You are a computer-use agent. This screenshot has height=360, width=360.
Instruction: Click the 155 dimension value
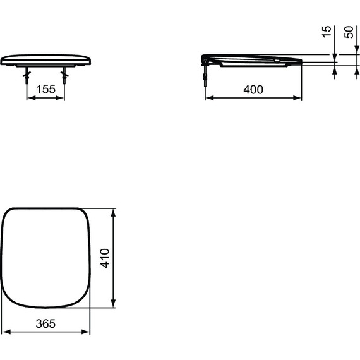click(45, 90)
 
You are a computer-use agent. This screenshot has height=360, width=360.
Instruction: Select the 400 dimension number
click(253, 90)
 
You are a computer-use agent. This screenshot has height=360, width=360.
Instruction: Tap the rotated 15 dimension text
click(326, 32)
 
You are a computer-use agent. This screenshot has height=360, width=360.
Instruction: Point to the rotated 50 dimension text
click(348, 32)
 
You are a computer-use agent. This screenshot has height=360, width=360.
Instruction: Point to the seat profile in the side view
click(253, 59)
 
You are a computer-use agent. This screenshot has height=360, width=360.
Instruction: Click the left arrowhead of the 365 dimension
click(4, 331)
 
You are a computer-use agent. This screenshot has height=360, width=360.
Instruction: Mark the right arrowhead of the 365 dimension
click(87, 331)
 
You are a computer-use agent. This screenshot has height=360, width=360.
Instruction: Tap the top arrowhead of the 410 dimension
click(113, 210)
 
